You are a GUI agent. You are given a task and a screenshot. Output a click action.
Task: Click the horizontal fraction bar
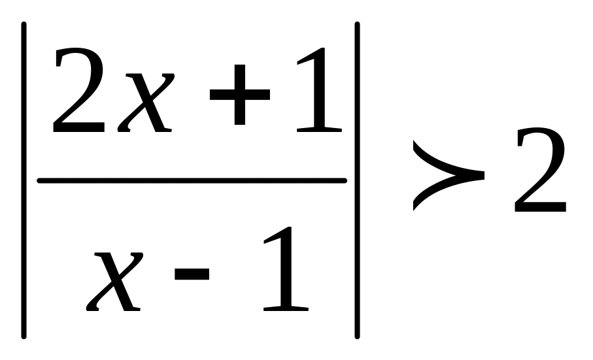click(x=192, y=180)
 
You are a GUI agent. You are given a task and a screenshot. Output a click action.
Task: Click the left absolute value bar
click(x=24, y=180)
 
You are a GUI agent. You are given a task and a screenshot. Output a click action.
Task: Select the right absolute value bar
click(x=358, y=180)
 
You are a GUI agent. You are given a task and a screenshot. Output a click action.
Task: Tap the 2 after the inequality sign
click(x=539, y=171)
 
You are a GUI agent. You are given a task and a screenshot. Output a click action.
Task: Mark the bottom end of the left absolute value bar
click(x=24, y=337)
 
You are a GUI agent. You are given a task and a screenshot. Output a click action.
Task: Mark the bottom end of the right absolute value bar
click(x=358, y=337)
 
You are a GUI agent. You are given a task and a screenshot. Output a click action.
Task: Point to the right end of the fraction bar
click(x=345, y=180)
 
